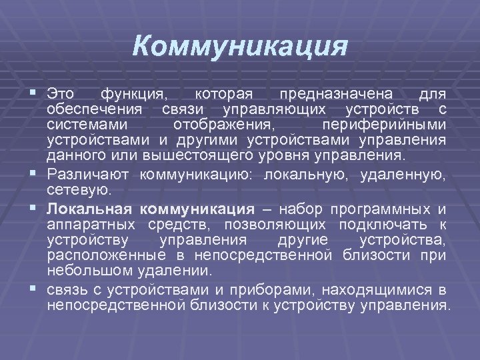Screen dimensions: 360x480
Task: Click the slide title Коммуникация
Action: (240, 47)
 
